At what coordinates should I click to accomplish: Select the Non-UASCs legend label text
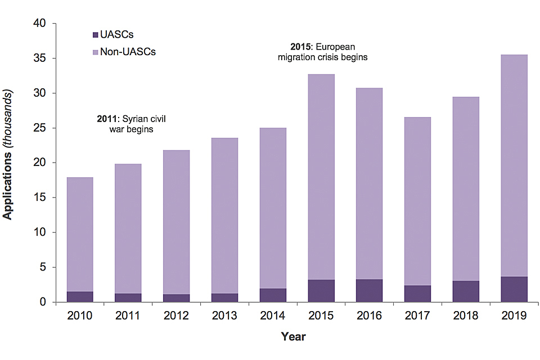pos(128,52)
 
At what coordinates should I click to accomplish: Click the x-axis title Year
pos(294,337)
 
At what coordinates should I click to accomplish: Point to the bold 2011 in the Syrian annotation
pos(108,119)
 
